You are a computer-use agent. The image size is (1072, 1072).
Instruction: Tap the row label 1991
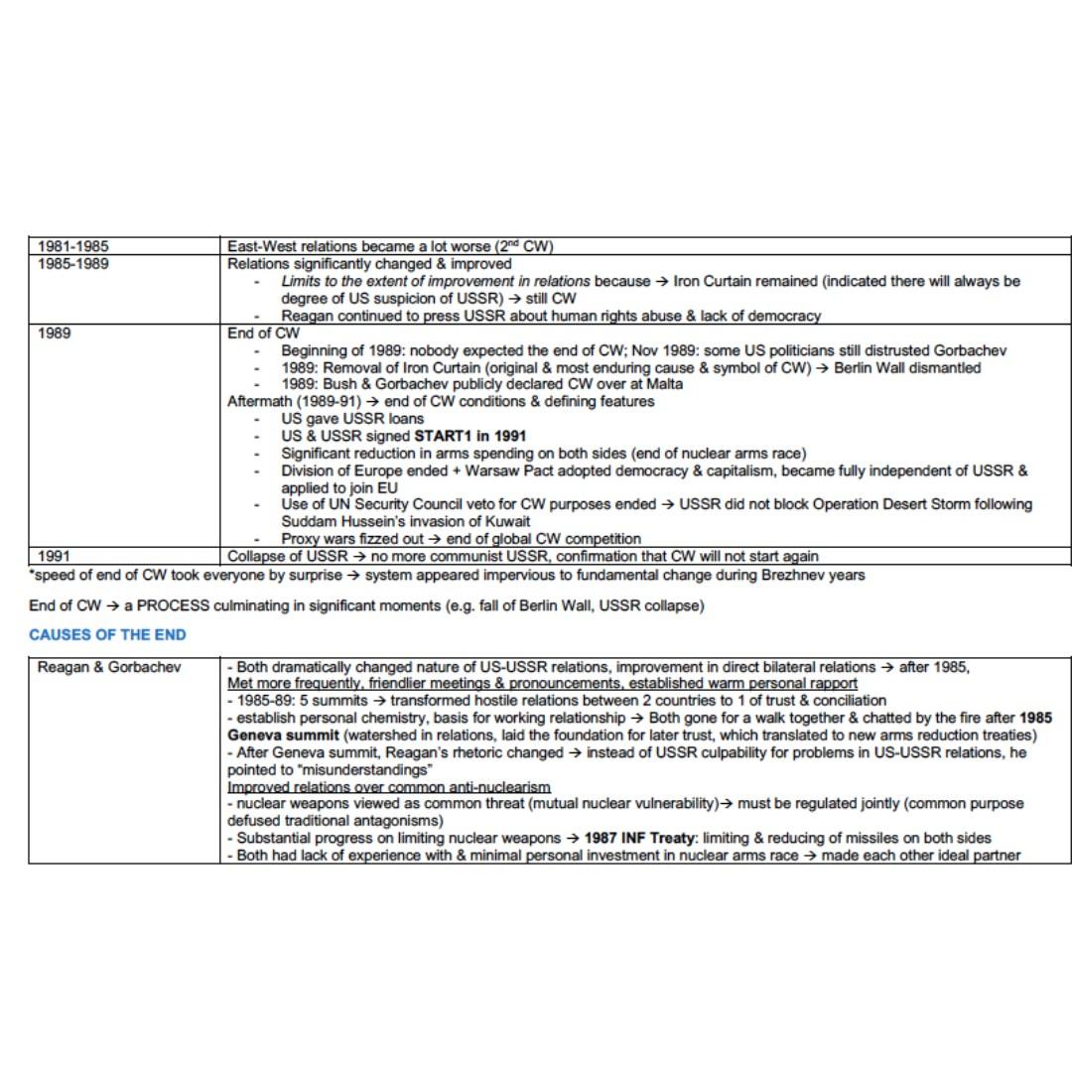(x=54, y=557)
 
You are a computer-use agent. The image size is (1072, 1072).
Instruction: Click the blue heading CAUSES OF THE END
(x=107, y=634)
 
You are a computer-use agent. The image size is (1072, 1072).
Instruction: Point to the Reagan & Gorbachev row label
(x=109, y=667)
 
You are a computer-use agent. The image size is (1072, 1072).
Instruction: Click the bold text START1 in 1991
(x=469, y=436)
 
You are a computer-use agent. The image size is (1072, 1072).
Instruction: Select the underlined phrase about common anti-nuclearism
(x=389, y=787)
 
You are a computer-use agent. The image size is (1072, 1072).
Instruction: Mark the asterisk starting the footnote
(x=32, y=574)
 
